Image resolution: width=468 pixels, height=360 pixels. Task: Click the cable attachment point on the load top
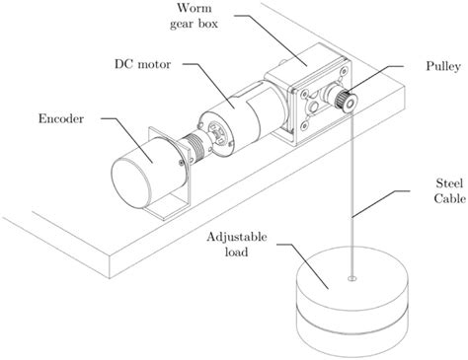352,279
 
